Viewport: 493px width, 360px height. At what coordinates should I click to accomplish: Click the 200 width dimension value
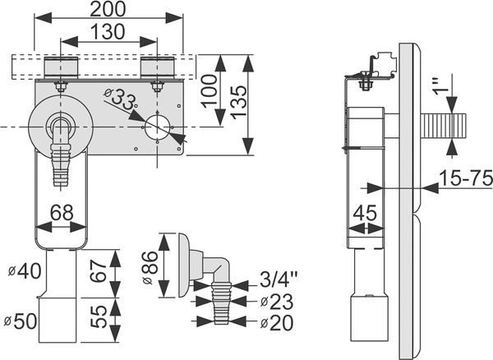(x=109, y=10)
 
